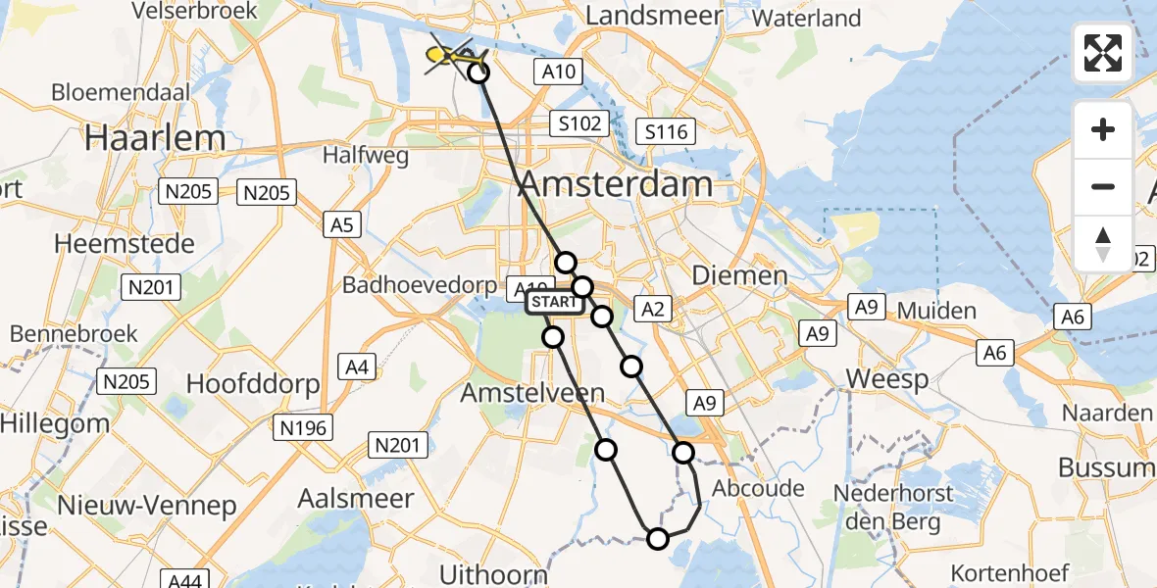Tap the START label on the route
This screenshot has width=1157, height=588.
coord(555,303)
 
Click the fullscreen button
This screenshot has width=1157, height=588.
coord(1103,53)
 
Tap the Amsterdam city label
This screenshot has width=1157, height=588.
coord(616,184)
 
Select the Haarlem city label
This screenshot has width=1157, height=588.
coord(155,138)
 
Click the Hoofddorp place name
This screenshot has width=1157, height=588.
coord(253,383)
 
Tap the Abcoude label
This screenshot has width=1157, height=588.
coord(759,488)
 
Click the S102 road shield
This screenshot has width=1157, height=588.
coord(578,124)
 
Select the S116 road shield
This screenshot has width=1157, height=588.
coord(665,131)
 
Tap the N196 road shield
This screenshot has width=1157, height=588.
coord(303,427)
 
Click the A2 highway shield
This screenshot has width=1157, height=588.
coord(652,311)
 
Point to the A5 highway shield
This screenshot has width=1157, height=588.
coord(340,225)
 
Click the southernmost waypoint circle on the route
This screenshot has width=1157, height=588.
coord(657,538)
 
